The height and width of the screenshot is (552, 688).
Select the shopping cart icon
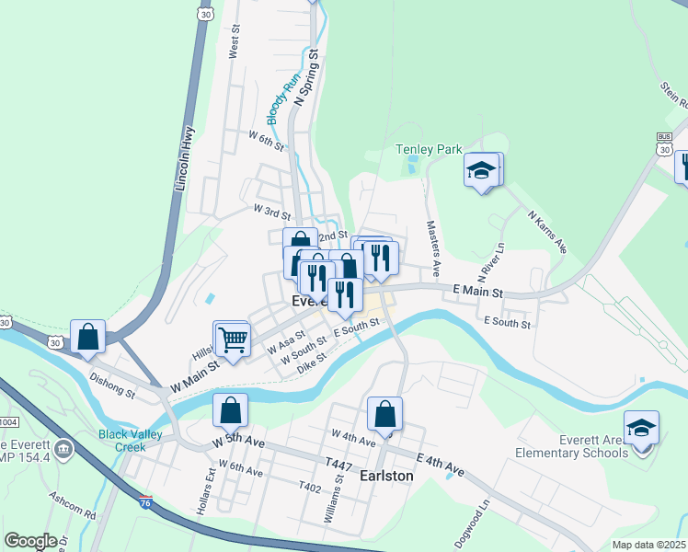[x=232, y=339]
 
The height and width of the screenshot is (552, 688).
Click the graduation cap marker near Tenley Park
[x=481, y=170]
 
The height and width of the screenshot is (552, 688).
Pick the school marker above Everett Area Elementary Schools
[x=640, y=429]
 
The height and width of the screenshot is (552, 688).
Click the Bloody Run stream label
[x=280, y=100]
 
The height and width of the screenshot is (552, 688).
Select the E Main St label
[x=478, y=292]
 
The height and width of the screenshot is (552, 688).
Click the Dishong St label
[x=112, y=384]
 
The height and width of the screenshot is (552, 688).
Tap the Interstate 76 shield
[x=145, y=502]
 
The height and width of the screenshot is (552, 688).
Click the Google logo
[x=30, y=541]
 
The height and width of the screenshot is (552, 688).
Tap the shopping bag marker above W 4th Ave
[x=384, y=415]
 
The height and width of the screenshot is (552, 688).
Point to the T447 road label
[x=338, y=466]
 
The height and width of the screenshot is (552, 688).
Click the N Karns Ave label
[x=547, y=231]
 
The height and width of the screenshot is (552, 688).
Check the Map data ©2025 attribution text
[x=648, y=545]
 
